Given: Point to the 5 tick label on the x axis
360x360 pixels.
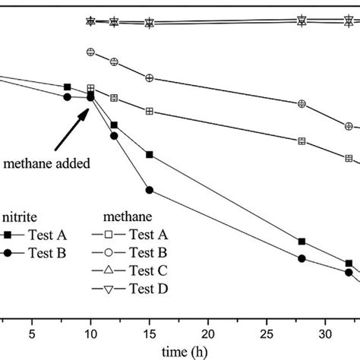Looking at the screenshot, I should tap(32, 332).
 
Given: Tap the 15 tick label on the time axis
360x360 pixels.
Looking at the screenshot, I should tap(149, 332).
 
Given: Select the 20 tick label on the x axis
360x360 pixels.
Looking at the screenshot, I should tap(207, 332).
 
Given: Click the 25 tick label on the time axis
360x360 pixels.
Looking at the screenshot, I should tap(267, 332).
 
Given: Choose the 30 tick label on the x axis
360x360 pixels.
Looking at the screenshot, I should tap(325, 332).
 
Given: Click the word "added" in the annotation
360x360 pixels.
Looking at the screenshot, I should tap(87, 163).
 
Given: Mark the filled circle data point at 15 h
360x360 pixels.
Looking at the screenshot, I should tap(150, 190).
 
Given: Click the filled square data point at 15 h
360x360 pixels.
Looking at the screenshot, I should tap(150, 155).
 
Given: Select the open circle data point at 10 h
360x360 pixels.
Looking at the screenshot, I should tap(91, 52).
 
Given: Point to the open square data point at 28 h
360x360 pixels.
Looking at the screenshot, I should tap(302, 141).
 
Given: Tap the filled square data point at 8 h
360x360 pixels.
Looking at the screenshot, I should tap(68, 87).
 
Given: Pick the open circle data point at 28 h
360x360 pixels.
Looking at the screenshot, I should tap(302, 104).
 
